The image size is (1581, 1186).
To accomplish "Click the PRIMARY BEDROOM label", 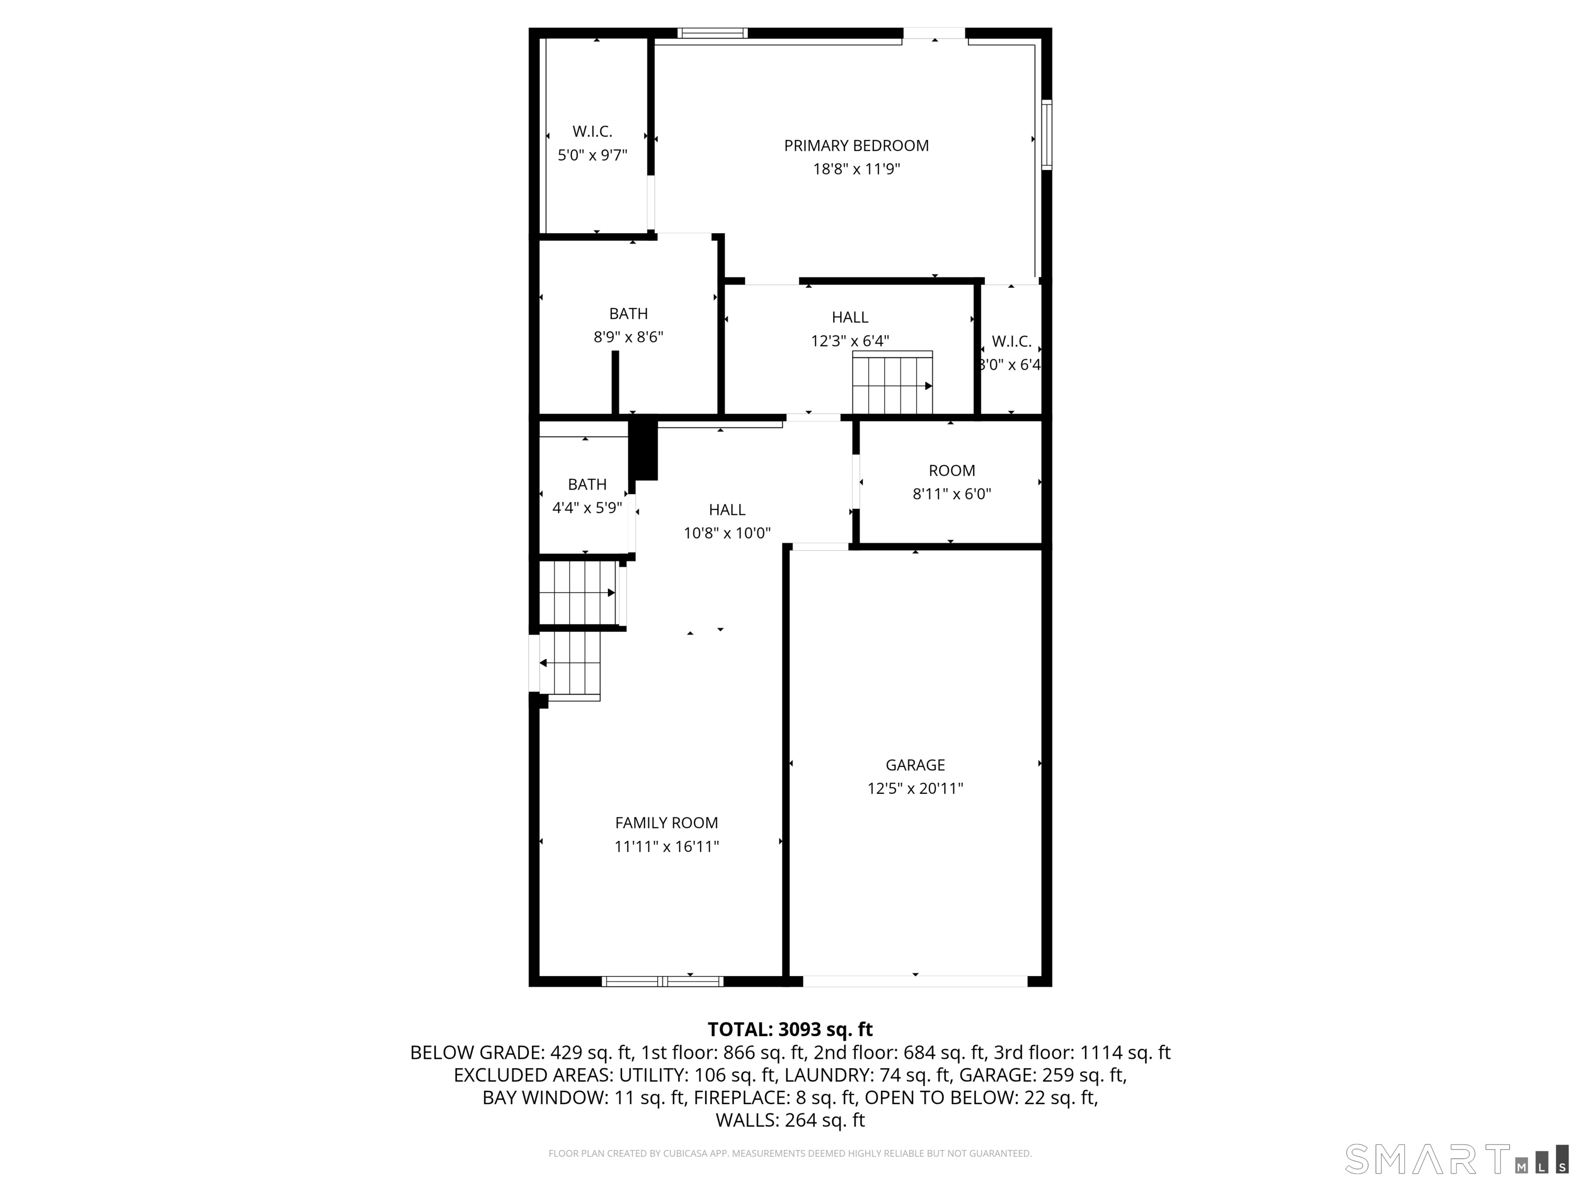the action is click(856, 146).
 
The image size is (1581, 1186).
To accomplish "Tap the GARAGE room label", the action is click(916, 765).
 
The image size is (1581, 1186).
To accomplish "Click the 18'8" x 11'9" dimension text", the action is click(856, 169).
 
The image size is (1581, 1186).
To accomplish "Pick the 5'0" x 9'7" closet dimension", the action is click(592, 155).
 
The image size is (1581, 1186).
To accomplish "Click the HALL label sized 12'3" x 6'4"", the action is click(850, 318).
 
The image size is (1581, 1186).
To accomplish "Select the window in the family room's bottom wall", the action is click(662, 982).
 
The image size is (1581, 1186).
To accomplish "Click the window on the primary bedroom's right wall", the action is click(1046, 135).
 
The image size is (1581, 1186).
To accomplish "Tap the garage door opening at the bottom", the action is click(916, 982).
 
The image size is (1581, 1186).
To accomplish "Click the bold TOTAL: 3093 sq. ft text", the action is click(790, 1030).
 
